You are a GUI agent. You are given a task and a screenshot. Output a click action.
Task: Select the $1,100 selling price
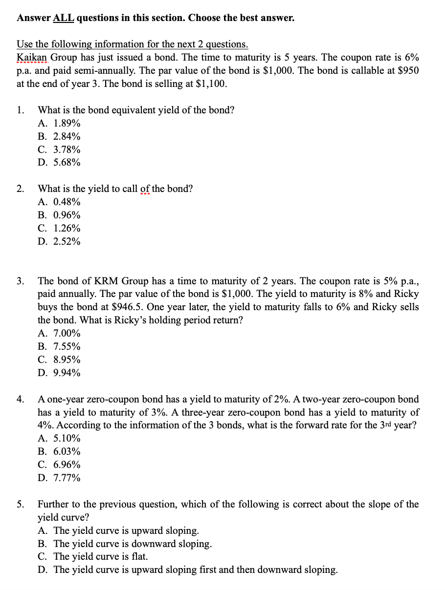point(210,84)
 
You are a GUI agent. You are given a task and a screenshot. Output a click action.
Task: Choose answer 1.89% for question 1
point(67,123)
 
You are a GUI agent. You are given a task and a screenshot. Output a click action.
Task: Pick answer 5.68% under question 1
point(67,162)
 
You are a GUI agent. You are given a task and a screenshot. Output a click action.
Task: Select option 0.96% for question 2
point(67,215)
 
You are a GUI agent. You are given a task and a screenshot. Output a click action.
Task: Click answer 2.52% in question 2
point(67,242)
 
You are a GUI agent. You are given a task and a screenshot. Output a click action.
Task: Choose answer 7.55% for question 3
point(67,347)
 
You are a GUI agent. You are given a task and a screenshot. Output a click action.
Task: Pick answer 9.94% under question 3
point(67,373)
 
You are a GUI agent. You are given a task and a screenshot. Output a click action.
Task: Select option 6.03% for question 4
point(67,452)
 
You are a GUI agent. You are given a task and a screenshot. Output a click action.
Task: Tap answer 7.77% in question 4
point(67,478)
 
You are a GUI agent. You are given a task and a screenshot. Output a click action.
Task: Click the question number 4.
point(20,400)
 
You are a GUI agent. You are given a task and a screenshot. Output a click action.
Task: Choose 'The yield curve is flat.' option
point(100,557)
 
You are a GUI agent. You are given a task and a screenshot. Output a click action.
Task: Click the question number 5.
point(20,504)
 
